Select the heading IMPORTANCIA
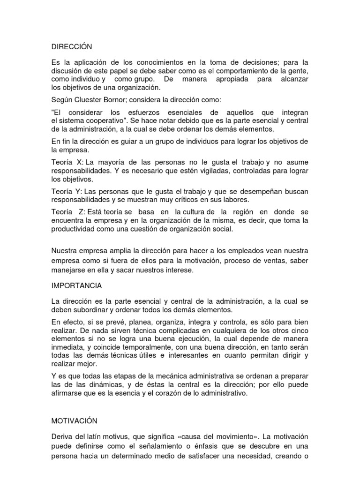click(x=76, y=285)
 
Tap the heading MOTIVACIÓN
click(x=75, y=422)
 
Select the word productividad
click(x=73, y=230)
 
